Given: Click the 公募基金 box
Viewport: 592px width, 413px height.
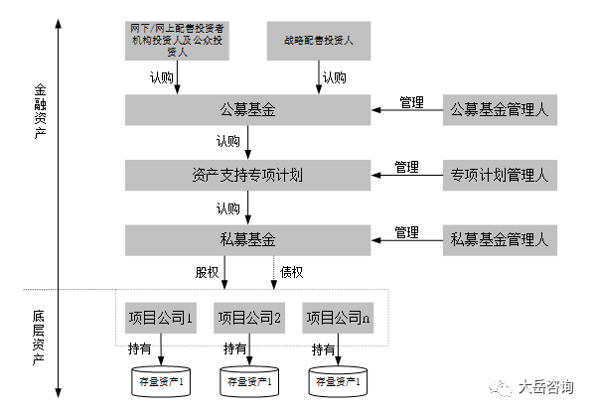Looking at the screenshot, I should [x=248, y=107].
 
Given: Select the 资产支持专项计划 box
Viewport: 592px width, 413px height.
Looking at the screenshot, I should [x=248, y=175].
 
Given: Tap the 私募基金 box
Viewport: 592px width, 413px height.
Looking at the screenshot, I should [x=248, y=239].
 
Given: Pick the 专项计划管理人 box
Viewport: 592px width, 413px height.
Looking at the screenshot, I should [x=499, y=176].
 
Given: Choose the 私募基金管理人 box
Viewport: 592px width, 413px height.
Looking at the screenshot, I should [x=499, y=239].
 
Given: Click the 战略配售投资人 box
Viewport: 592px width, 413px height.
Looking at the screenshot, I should [x=317, y=42].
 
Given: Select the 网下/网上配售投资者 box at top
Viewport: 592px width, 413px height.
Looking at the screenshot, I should [x=177, y=42].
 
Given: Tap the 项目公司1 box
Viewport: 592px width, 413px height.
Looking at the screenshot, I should [x=159, y=318].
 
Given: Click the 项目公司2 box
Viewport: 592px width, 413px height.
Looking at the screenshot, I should [x=249, y=318].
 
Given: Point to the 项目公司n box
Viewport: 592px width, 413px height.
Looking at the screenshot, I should [x=339, y=318].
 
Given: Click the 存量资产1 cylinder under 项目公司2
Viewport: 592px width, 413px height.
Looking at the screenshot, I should [x=249, y=381].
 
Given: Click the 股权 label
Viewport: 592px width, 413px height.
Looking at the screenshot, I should [x=208, y=272].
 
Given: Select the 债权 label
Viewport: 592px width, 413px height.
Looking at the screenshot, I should [x=292, y=272].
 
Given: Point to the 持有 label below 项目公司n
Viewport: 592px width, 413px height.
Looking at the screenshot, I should [x=324, y=349].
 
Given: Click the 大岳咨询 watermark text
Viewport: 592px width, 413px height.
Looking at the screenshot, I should [x=545, y=388].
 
